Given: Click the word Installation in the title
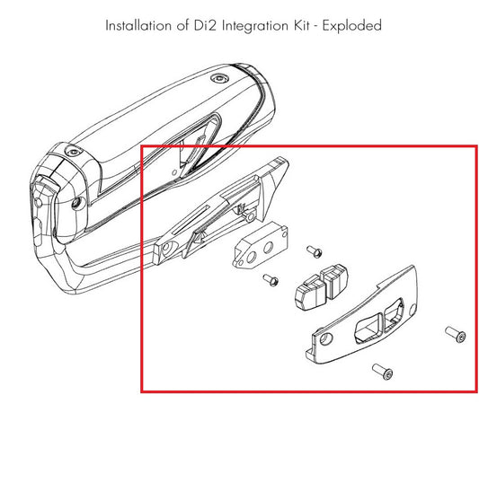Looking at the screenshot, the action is point(138,25).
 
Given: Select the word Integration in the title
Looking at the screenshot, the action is point(255,26).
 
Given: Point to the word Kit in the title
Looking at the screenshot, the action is point(301,25).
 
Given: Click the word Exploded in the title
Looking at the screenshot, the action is point(352,26).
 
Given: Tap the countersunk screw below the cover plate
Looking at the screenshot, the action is point(383,371).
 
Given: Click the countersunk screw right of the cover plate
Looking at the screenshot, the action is point(456,334).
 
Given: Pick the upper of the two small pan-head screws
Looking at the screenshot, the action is point(315,251).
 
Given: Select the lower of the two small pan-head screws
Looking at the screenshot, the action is point(271,280).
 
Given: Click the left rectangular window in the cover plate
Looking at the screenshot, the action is point(368,329).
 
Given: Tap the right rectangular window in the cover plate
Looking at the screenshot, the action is point(394,314).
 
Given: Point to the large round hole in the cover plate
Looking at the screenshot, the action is point(325,338).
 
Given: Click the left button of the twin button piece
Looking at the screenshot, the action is point(311,293).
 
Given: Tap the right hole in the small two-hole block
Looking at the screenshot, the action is point(268,247).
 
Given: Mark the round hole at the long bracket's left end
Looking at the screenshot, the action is point(167,248).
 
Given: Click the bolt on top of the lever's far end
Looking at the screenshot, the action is point(219,78).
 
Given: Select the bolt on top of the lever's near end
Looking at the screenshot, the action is point(74,152).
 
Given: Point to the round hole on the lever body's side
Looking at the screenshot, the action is point(76,203).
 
